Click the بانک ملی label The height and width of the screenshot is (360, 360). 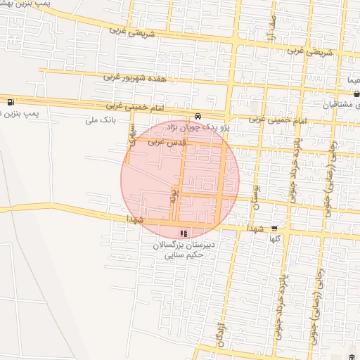coord(99,120)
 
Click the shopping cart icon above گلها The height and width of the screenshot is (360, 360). coord(274,228)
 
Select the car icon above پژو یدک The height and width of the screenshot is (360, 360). coord(198,117)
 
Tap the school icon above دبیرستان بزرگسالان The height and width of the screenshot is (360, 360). coord(184,233)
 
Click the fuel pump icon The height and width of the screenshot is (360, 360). coord(9,101)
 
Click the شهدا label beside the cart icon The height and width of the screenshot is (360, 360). coord(255,229)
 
